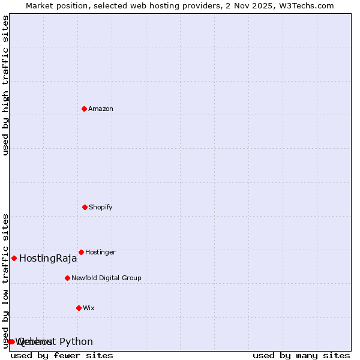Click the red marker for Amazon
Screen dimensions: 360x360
coord(84,109)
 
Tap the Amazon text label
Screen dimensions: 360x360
coord(101,109)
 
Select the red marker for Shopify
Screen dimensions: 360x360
coord(85,207)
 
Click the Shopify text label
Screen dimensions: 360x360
coord(101,207)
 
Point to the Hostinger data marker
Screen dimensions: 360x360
coord(81,252)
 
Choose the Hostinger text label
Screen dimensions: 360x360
coord(100,252)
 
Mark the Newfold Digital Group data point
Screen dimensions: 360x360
coord(67,278)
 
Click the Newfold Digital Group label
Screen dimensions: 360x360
coord(106,278)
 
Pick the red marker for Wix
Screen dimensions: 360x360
coord(79,308)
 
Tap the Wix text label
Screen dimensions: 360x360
coord(89,308)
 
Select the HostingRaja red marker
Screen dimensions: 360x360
coord(14,258)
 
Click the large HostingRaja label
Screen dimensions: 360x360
coord(48,259)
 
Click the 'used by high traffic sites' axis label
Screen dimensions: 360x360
coord(5,85)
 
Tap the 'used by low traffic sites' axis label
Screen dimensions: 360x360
coord(5,280)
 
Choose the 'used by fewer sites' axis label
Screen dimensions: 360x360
coord(62,355)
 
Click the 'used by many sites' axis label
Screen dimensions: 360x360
coord(301,355)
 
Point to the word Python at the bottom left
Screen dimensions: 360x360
coord(76,342)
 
